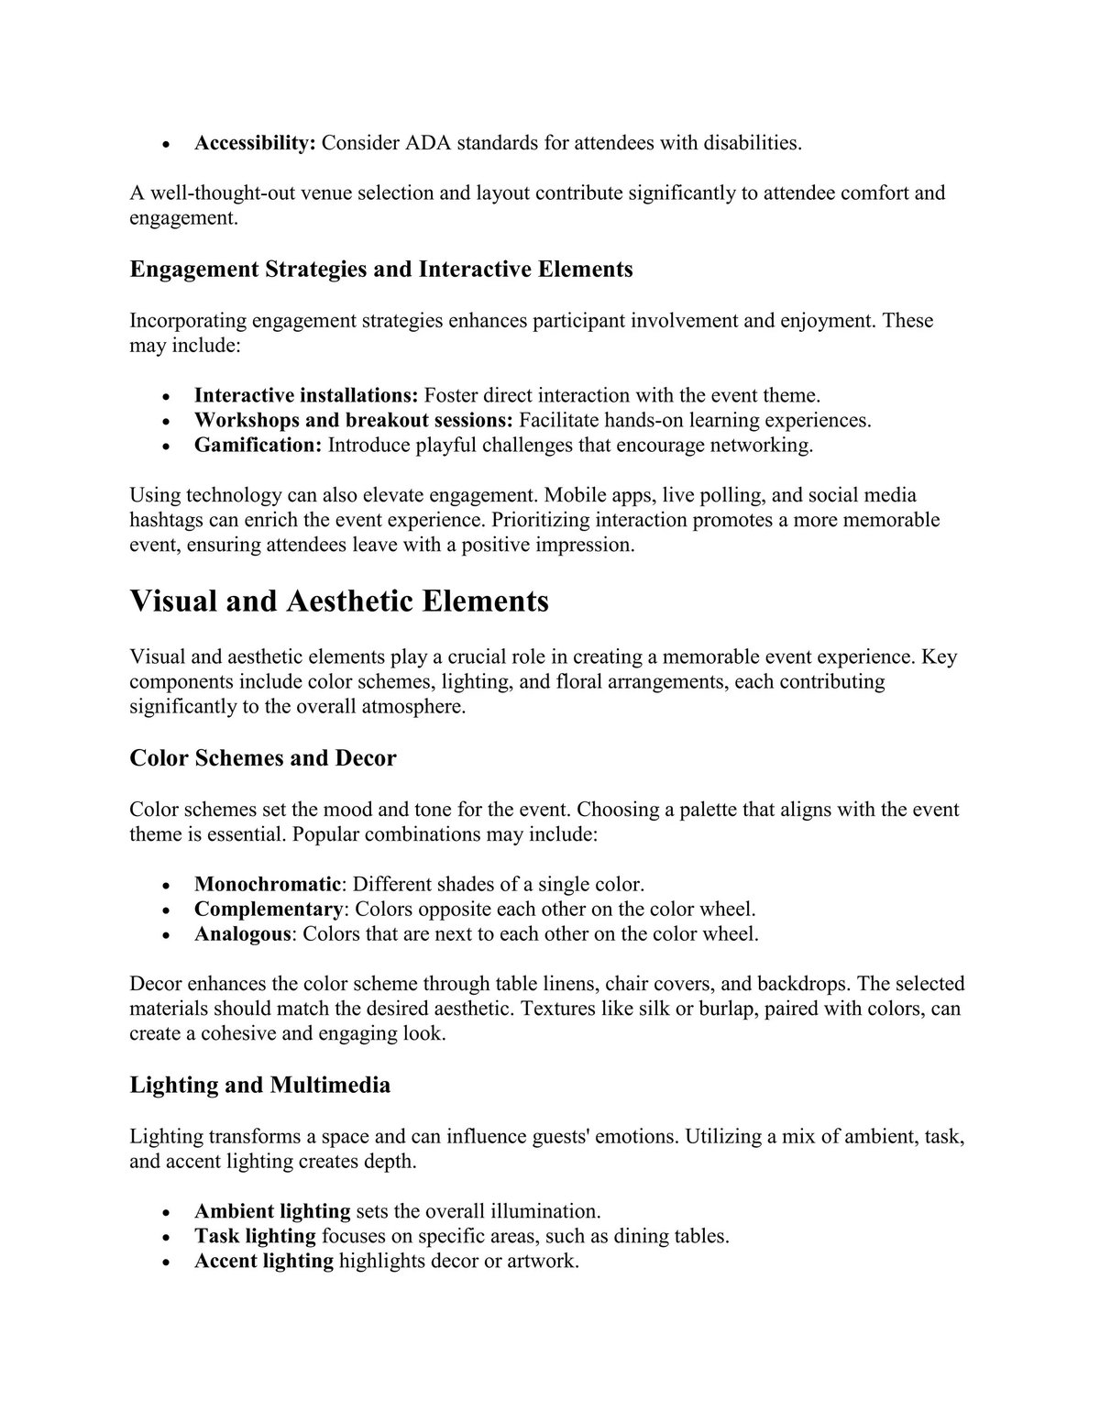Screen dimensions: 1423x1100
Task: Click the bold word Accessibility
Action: (255, 143)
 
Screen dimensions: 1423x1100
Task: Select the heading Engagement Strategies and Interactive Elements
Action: (381, 270)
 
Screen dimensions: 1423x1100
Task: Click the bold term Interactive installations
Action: (306, 396)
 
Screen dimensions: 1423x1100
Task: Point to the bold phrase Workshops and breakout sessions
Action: (353, 421)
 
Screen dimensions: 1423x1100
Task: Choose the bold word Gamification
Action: (258, 446)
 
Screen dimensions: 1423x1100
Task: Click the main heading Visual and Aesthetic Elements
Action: (339, 601)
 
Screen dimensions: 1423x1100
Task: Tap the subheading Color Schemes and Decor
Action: (263, 758)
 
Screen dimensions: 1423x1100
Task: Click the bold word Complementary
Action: (268, 910)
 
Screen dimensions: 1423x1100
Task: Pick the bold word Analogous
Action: (242, 934)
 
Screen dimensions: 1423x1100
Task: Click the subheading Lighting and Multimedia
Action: (260, 1086)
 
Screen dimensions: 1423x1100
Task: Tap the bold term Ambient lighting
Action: (272, 1211)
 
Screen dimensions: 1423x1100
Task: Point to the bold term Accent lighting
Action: (264, 1261)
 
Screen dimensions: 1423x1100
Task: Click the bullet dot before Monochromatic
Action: (166, 887)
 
